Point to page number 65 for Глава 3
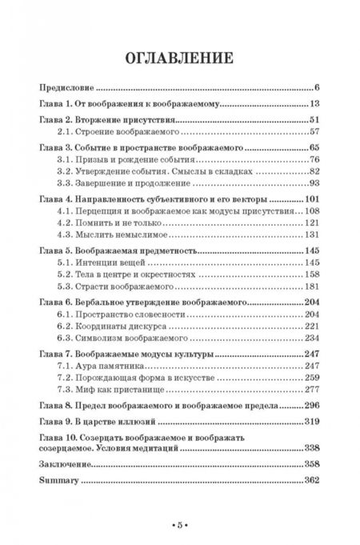tap(314, 149)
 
